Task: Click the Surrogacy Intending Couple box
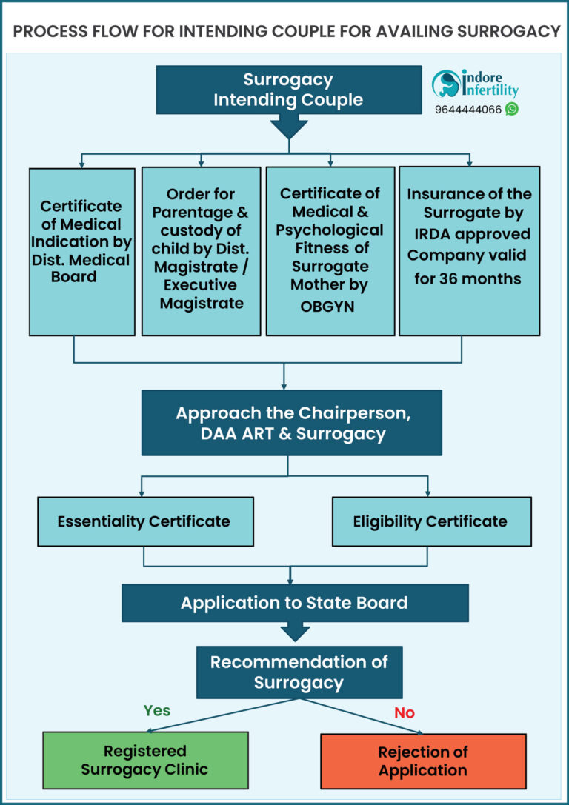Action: tap(288, 90)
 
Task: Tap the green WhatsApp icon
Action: tap(511, 109)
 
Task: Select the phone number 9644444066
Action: tap(468, 109)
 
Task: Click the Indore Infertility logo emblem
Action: tap(447, 84)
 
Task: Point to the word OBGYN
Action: tap(329, 305)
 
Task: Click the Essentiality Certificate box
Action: tap(145, 521)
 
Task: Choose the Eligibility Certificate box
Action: tap(430, 521)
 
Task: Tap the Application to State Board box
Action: tap(294, 602)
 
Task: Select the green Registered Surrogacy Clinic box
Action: tap(145, 760)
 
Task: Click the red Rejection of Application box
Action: tap(423, 761)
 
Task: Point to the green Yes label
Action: tap(157, 710)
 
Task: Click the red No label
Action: tap(405, 712)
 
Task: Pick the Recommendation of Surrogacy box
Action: tap(299, 672)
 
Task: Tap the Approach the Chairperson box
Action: tap(291, 423)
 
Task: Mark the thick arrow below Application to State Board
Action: tap(295, 632)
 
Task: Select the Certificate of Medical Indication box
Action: tap(81, 251)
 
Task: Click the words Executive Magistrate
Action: tap(201, 294)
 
